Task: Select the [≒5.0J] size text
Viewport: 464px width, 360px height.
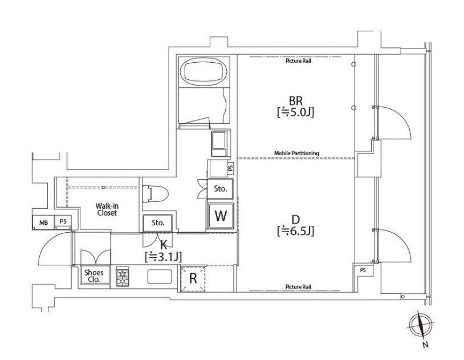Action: pos(296,112)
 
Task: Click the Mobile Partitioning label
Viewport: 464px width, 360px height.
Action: pos(296,153)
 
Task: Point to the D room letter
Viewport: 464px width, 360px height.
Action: pos(296,219)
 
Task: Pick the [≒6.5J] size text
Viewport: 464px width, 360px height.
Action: pos(296,231)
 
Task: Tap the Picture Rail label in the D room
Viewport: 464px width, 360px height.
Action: pos(298,286)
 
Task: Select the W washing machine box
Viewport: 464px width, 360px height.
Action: pos(221,216)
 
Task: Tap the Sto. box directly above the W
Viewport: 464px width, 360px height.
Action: pos(221,188)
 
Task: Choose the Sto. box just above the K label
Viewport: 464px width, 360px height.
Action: pos(158,223)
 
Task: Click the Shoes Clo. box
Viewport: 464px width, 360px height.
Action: pos(93,276)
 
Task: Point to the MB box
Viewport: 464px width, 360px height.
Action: pos(43,222)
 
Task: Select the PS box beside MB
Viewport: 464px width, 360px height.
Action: pos(63,222)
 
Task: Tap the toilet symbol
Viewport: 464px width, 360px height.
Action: pos(150,193)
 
